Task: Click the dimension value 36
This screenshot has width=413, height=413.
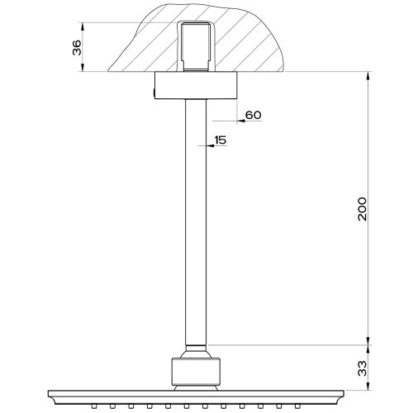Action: click(x=77, y=47)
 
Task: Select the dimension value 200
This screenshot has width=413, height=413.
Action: click(x=363, y=209)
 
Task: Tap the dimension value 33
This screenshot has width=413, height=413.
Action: click(x=363, y=368)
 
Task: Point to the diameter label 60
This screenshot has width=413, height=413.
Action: click(x=254, y=115)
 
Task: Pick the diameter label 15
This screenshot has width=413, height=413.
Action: click(x=221, y=140)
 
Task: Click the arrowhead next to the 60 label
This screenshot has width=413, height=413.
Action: click(x=240, y=121)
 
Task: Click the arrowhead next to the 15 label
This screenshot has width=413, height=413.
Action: click(x=211, y=145)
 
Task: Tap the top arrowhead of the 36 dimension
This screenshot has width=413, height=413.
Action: click(x=83, y=26)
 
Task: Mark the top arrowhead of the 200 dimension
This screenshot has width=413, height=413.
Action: click(x=368, y=76)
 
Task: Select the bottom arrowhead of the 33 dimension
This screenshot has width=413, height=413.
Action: click(x=368, y=386)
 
